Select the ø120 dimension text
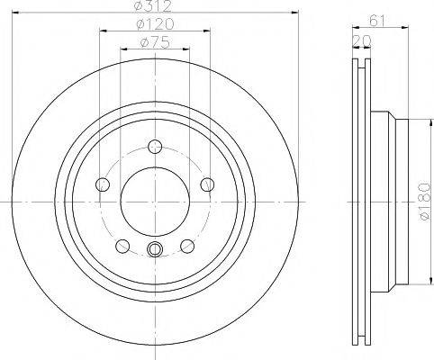point(154,26)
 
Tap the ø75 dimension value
point(154,43)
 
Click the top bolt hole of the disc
point(155,148)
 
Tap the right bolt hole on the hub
point(207,184)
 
